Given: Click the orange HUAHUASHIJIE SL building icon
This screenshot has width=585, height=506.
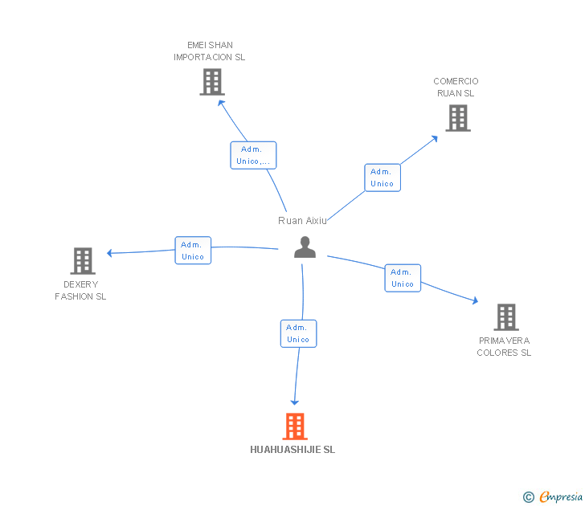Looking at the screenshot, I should click(295, 426).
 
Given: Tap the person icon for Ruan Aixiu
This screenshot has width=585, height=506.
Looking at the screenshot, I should click(305, 247).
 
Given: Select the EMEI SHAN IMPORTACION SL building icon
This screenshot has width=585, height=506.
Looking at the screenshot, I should click(211, 82).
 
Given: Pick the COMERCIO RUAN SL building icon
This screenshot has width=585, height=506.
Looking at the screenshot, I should click(457, 118).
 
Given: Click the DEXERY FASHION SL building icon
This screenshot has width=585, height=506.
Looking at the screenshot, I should click(83, 261).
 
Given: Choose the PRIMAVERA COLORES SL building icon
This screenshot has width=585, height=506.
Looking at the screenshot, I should click(505, 317).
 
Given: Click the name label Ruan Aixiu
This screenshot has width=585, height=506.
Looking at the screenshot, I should click(303, 220).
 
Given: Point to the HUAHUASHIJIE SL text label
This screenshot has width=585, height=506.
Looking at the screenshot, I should click(292, 450).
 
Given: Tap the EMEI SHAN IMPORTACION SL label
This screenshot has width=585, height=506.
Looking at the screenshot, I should click(210, 51).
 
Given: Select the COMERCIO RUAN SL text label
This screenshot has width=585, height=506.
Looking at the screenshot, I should click(456, 87).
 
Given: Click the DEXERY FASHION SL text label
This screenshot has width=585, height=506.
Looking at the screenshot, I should click(80, 290).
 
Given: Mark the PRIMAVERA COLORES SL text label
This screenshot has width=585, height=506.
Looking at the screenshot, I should click(504, 346).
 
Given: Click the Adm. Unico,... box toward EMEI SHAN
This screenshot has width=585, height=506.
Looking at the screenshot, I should click(253, 155).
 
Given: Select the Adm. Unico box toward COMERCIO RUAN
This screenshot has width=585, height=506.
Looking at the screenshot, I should click(382, 178).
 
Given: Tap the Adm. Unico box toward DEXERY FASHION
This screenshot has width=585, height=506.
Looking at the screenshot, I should click(193, 251).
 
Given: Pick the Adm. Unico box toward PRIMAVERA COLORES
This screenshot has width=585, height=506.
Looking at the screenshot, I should click(402, 278).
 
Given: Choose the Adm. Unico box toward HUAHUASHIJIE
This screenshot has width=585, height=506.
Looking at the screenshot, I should click(298, 333).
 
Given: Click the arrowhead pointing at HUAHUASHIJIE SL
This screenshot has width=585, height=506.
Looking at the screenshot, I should click(295, 401).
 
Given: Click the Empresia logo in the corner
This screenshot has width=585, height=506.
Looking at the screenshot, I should click(553, 497).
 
